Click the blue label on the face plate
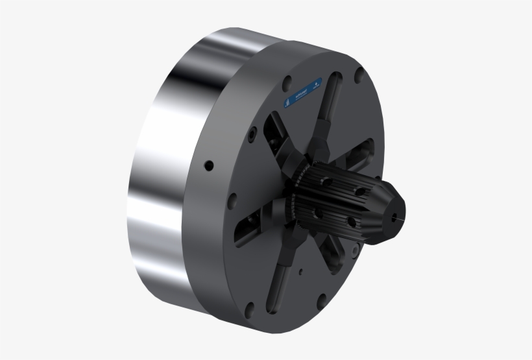(x=300, y=95)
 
